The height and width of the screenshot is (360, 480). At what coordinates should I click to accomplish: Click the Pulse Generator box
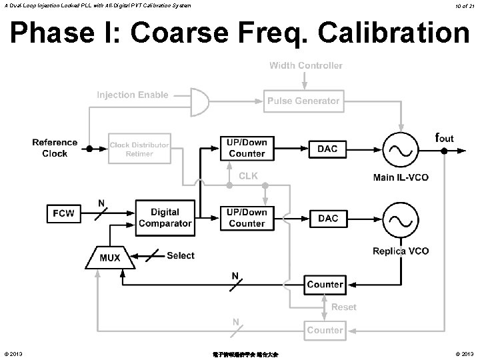point(303,101)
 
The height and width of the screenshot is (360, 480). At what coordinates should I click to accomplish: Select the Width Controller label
point(306,65)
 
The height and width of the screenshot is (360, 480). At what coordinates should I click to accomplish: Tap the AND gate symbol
point(198,100)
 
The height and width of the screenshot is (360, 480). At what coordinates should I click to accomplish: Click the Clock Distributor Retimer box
point(139,149)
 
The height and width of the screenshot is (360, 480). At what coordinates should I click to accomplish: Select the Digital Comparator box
point(165,217)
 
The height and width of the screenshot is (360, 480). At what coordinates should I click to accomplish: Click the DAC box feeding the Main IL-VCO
point(327,149)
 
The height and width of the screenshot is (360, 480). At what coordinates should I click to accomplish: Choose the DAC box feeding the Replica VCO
point(327,218)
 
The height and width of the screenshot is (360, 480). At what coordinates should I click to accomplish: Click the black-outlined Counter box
point(325,285)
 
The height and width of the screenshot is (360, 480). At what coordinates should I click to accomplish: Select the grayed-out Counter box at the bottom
point(325,330)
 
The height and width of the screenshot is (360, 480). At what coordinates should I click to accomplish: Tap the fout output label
point(445,138)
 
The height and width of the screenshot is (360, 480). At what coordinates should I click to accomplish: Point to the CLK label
point(249,176)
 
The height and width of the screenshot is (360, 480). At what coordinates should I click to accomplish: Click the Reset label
point(344,307)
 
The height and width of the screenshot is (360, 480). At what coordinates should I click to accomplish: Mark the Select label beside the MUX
point(180,255)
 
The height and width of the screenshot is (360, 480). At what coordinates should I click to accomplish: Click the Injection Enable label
point(133,95)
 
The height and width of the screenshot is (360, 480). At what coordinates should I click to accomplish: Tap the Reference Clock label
point(55,148)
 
